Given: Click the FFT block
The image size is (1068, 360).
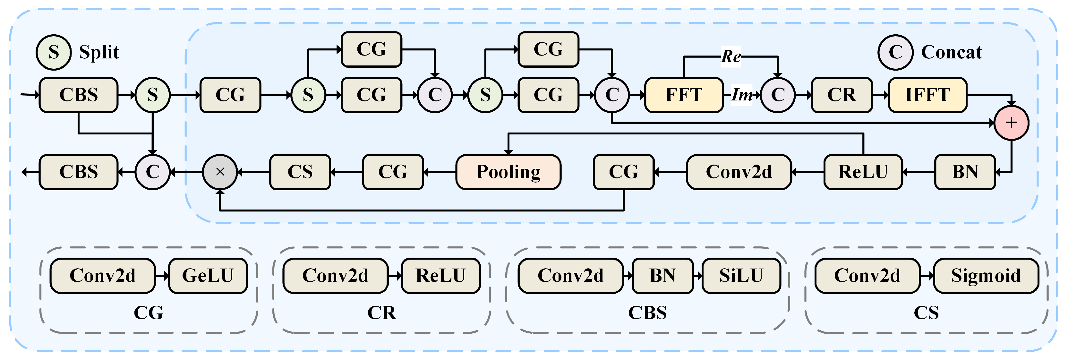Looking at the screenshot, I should click(684, 95).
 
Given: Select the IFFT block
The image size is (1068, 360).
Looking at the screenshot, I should click(927, 95).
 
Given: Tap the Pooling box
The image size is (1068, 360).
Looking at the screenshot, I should click(508, 172).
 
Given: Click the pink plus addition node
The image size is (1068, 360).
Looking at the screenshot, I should click(1011, 123).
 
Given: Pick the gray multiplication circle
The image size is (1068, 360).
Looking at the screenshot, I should click(220, 172).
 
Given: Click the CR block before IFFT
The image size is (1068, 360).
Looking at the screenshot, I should click(841, 95).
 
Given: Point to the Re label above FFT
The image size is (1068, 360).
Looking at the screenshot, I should click(731, 56).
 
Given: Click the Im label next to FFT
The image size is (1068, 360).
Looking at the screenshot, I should click(742, 95).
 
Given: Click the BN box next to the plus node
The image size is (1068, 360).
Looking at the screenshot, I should click(965, 172).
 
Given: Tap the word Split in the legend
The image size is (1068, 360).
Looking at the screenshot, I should click(99, 52).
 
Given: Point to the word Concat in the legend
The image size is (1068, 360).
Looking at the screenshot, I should click(951, 52).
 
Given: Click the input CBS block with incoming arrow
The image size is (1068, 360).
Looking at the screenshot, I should click(78, 95).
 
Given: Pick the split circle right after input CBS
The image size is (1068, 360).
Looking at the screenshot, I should click(153, 95).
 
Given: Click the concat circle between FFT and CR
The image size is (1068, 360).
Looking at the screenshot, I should click(777, 95).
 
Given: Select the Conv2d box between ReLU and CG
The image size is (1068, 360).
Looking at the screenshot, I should click(739, 172).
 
